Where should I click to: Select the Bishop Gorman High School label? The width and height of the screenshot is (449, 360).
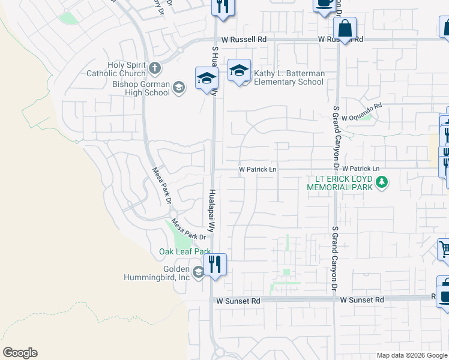coord(141,88)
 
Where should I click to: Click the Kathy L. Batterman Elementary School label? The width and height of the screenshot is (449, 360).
coord(289,77)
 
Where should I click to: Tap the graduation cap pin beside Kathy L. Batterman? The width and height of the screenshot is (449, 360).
coord(239,71)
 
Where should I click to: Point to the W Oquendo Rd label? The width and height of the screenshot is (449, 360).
coord(361,114)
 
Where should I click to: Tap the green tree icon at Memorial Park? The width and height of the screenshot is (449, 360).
coord(380,181)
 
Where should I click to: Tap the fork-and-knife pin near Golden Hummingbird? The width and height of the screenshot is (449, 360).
coord(215,264)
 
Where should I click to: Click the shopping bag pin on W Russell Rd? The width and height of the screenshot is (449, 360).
coord(345,29)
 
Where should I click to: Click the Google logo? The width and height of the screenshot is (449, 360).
coord(19,353)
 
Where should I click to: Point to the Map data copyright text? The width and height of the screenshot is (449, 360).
coord(411,355)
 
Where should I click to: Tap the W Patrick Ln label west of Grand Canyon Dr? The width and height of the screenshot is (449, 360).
coord(258,170)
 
